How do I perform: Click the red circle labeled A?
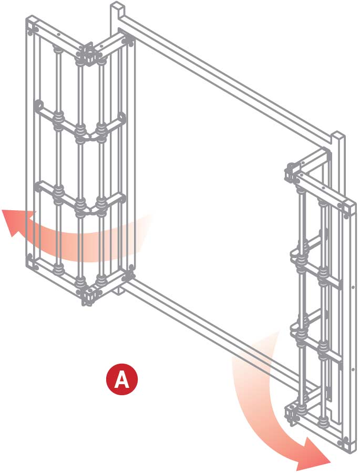[x=122, y=379]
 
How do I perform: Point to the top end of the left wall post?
[x=118, y=6]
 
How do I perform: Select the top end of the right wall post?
[x=338, y=136]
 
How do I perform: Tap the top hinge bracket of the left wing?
[x=88, y=54]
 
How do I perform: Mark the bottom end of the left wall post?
[x=118, y=291]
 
